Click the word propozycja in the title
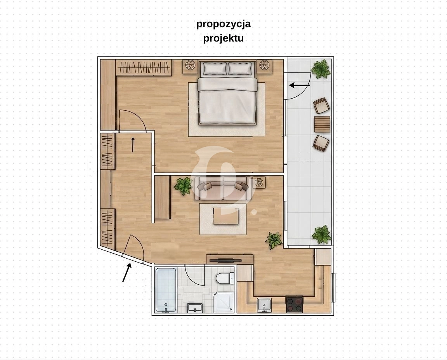[223, 24]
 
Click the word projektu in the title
[223, 38]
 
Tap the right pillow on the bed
[241, 68]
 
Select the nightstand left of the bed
[190, 65]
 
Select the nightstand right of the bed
[265, 65]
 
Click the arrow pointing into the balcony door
[300, 85]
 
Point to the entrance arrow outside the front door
[127, 272]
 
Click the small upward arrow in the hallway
[133, 144]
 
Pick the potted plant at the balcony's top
[321, 69]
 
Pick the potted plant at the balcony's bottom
[322, 235]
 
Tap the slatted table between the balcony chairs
[322, 124]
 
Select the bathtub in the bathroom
[166, 290]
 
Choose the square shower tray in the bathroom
[224, 302]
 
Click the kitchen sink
[265, 305]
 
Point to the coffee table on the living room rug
[226, 216]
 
